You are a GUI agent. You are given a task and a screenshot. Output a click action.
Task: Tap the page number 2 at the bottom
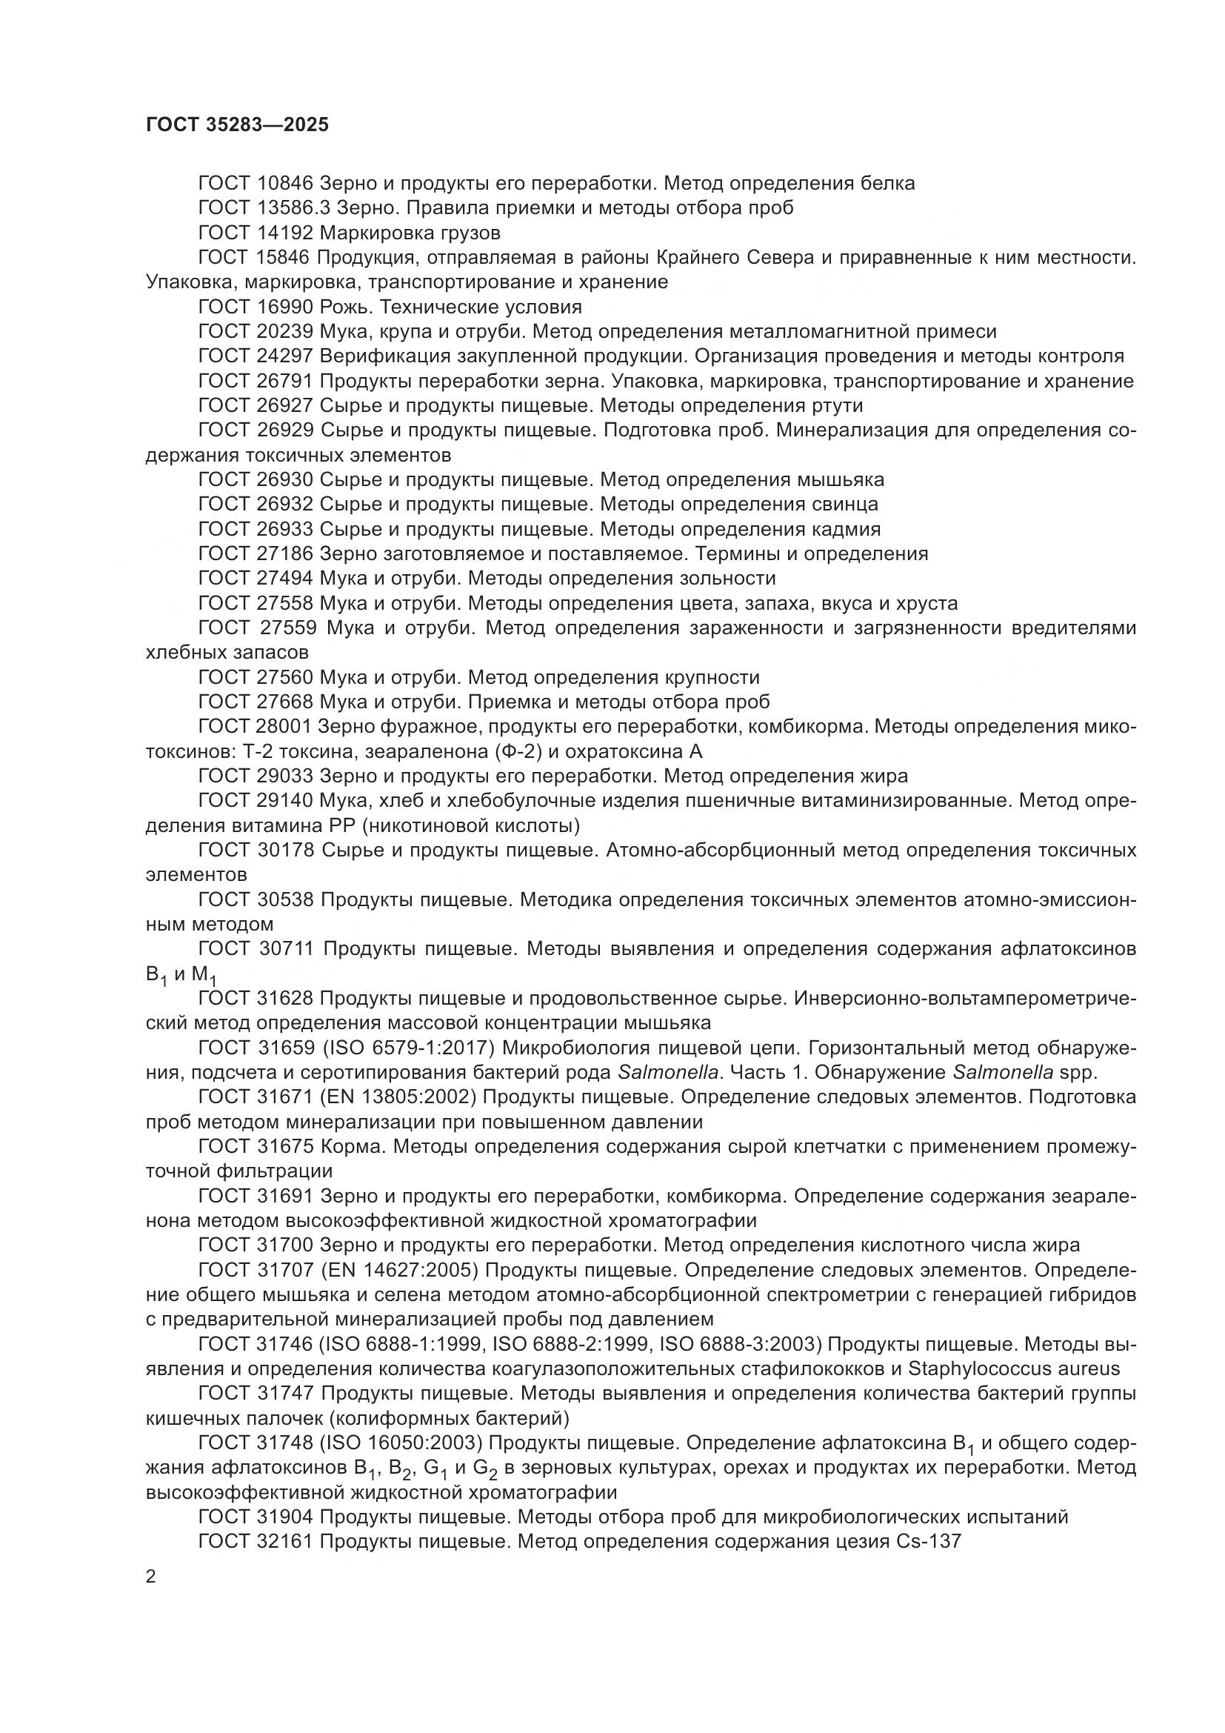(151, 1577)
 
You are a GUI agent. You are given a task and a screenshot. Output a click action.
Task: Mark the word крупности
(712, 678)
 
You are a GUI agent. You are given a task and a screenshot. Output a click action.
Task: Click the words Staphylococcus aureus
(1014, 1369)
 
